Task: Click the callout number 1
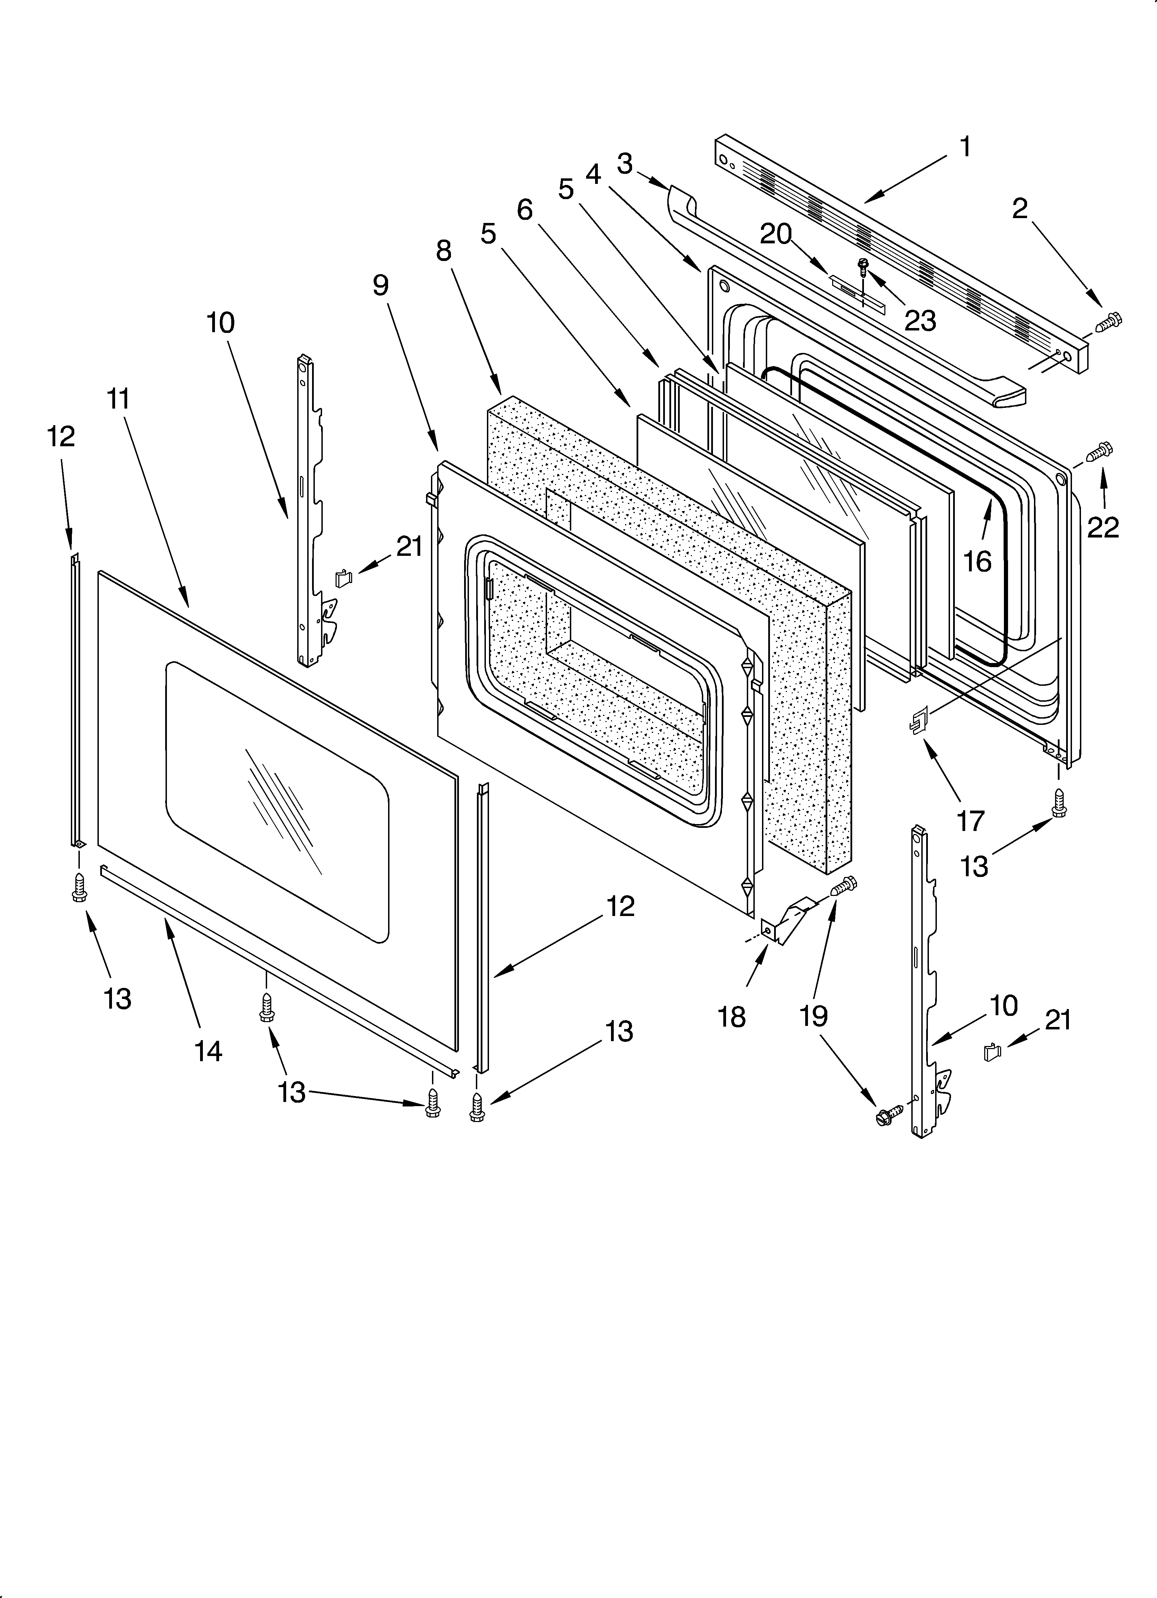tap(965, 147)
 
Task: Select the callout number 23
tap(920, 320)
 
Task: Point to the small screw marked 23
tap(863, 266)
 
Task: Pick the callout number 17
tap(970, 821)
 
